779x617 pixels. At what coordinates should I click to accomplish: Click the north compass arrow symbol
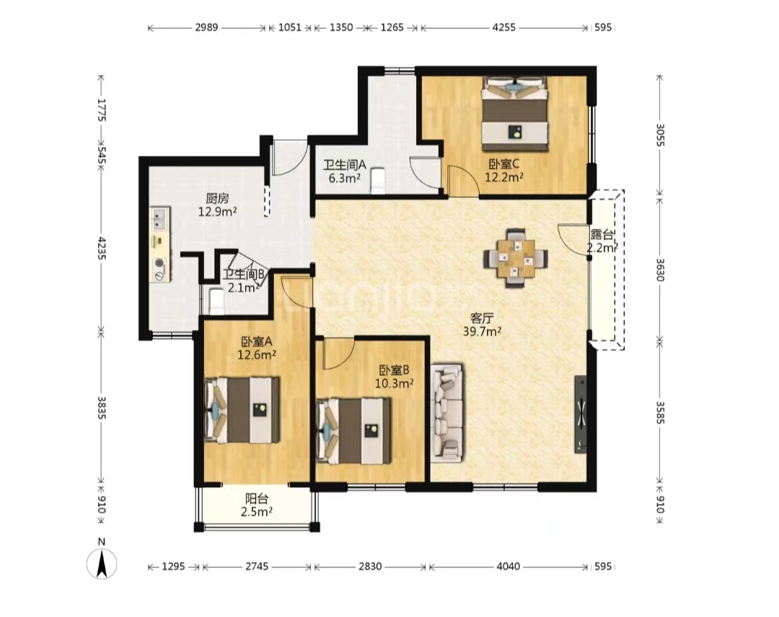(102, 564)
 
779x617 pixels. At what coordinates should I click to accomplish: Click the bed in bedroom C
(515, 113)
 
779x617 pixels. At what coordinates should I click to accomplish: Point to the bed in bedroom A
(242, 410)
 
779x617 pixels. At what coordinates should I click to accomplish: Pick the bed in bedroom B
(353, 431)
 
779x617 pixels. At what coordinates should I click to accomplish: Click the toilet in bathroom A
(378, 180)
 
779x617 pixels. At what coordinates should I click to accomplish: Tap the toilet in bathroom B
(216, 302)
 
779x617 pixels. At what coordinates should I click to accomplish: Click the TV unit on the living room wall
(580, 414)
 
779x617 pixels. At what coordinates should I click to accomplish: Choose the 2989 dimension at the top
(206, 27)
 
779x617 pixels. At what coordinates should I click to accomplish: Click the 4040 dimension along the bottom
(509, 566)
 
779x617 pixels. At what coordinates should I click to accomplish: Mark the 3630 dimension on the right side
(659, 269)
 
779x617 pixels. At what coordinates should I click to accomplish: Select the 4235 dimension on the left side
(102, 248)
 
